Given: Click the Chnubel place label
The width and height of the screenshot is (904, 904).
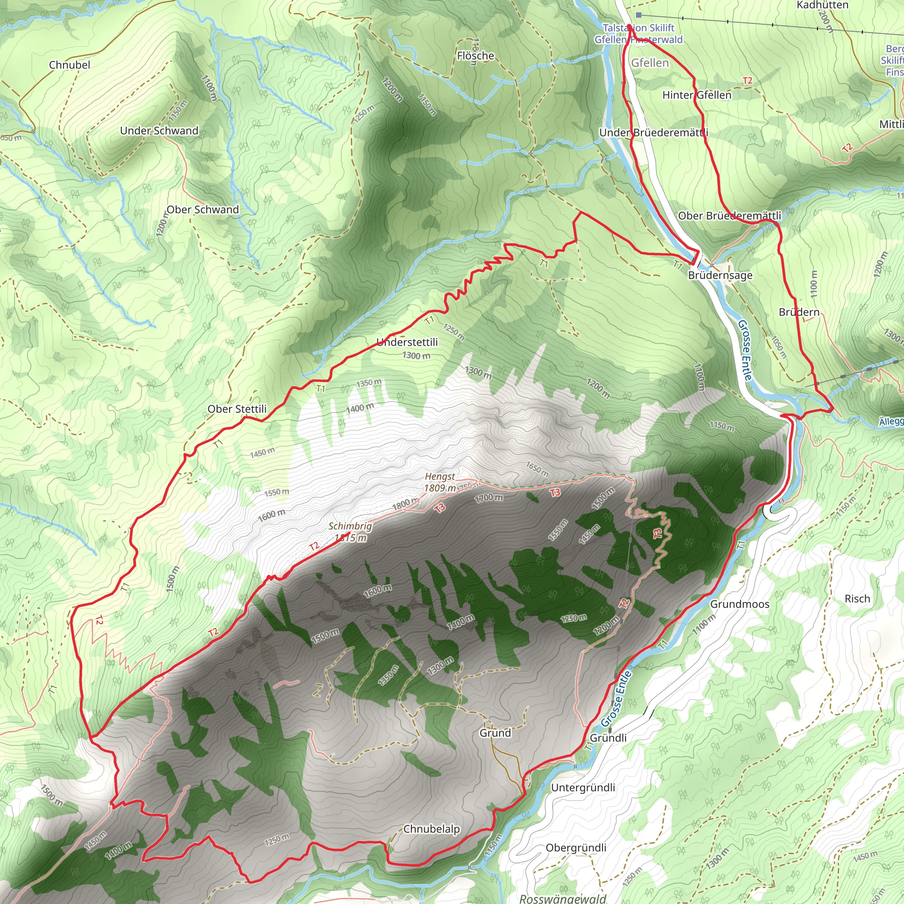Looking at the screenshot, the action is click(70, 65).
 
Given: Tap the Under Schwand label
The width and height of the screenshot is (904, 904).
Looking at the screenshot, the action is click(159, 131).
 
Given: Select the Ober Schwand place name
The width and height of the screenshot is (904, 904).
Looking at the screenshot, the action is click(203, 210).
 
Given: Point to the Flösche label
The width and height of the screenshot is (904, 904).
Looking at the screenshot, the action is click(475, 56).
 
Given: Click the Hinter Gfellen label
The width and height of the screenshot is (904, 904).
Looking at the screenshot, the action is click(697, 95).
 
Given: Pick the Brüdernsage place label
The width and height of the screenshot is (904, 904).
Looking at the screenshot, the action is click(720, 275).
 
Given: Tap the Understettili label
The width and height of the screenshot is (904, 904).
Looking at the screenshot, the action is click(407, 343).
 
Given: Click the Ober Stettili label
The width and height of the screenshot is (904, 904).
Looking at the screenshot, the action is click(237, 409).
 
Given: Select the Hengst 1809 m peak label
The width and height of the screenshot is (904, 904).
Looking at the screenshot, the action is click(440, 482).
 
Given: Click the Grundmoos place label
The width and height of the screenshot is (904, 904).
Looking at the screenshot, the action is click(740, 605).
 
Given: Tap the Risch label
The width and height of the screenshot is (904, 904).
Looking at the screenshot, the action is click(857, 599).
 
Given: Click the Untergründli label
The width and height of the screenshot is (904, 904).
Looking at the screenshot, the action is click(583, 788).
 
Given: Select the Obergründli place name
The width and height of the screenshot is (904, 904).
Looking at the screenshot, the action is click(576, 848).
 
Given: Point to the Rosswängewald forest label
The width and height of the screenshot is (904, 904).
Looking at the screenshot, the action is click(563, 898).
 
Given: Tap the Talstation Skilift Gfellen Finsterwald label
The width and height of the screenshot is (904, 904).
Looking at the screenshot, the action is click(639, 34).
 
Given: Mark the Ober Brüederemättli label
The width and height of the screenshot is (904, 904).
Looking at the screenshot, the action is click(730, 216).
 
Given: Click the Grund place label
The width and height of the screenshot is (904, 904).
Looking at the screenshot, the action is click(495, 733).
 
